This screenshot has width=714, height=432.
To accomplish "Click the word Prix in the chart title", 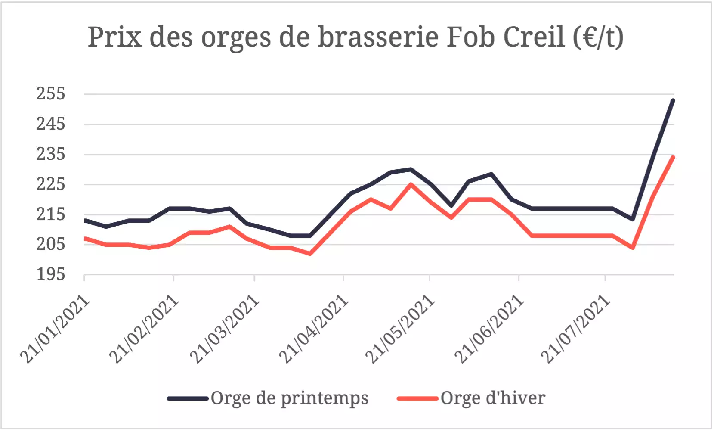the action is pos(115,37).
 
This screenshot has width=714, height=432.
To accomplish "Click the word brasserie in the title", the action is pos(378,37).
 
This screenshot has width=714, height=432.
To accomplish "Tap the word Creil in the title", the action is pos(534,37).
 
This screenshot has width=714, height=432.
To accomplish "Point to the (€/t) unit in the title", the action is pos(598,37).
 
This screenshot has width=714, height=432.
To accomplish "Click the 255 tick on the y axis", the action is pos(51,94).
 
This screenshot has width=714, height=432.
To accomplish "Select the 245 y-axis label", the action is pos(51,124).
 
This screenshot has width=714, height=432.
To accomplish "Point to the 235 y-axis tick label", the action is pos(51,154).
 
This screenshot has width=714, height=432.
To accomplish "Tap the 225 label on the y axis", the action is pos(51,184).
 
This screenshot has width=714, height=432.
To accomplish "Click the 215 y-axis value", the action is pos(51,214).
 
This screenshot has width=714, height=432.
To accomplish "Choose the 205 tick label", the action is pos(51,244).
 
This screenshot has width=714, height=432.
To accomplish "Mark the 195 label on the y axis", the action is pos(51,274).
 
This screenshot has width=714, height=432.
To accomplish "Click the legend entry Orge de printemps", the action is pos(268,398).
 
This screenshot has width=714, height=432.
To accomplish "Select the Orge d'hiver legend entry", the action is pos(471,398).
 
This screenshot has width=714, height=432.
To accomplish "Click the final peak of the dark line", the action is pos(673,100).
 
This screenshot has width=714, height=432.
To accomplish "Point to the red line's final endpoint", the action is pos(673,157).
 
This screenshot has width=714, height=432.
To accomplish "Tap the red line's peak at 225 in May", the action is pos(411,184).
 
